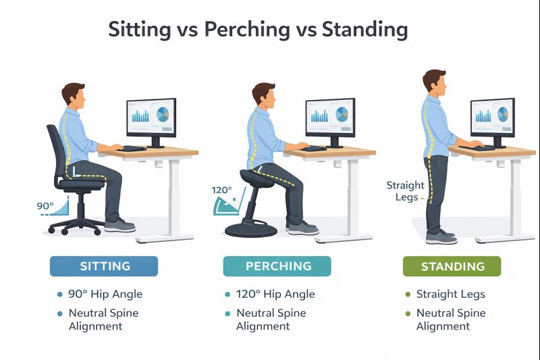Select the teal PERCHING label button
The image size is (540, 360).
pyautogui.click(x=277, y=266)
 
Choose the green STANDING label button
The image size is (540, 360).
pyautogui.click(x=451, y=266)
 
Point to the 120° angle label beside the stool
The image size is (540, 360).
pyautogui.click(x=221, y=190)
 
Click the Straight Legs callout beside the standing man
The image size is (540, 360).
pyautogui.click(x=405, y=190)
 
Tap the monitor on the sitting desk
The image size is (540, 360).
pyautogui.click(x=151, y=118)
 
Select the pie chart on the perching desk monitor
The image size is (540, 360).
pyautogui.click(x=342, y=115)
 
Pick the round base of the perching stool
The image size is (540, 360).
pyautogui.click(x=250, y=230)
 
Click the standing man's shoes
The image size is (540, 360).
pyautogui.click(x=441, y=236)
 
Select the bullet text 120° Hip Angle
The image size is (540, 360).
pyautogui.click(x=275, y=294)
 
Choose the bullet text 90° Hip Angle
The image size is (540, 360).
pyautogui.click(x=105, y=294)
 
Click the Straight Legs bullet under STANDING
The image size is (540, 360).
pyautogui.click(x=450, y=294)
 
